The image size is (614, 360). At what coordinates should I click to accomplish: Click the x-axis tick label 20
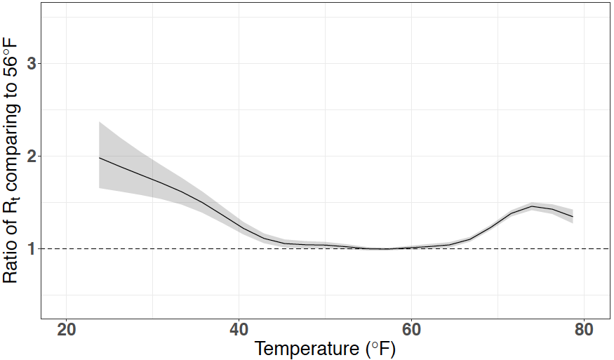point(66,331)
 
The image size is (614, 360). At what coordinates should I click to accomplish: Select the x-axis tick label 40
point(239,331)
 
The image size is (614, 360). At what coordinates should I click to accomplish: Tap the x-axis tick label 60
point(411,331)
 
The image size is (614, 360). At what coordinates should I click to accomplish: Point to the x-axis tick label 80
point(584,331)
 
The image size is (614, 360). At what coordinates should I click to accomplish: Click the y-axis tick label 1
point(31,248)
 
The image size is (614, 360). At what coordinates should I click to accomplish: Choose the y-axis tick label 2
point(31,156)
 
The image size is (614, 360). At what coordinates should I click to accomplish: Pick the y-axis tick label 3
point(31,64)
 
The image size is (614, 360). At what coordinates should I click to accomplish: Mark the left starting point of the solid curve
point(100,158)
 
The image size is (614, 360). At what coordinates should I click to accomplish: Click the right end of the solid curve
point(573,216)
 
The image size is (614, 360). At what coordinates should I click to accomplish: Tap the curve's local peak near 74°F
point(532,206)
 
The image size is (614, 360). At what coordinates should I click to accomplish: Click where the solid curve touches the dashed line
point(385,248)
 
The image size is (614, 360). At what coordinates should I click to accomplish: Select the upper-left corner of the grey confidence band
point(100,122)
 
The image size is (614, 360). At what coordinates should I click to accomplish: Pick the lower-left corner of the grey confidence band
point(100,188)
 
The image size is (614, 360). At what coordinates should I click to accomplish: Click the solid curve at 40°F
point(239,226)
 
